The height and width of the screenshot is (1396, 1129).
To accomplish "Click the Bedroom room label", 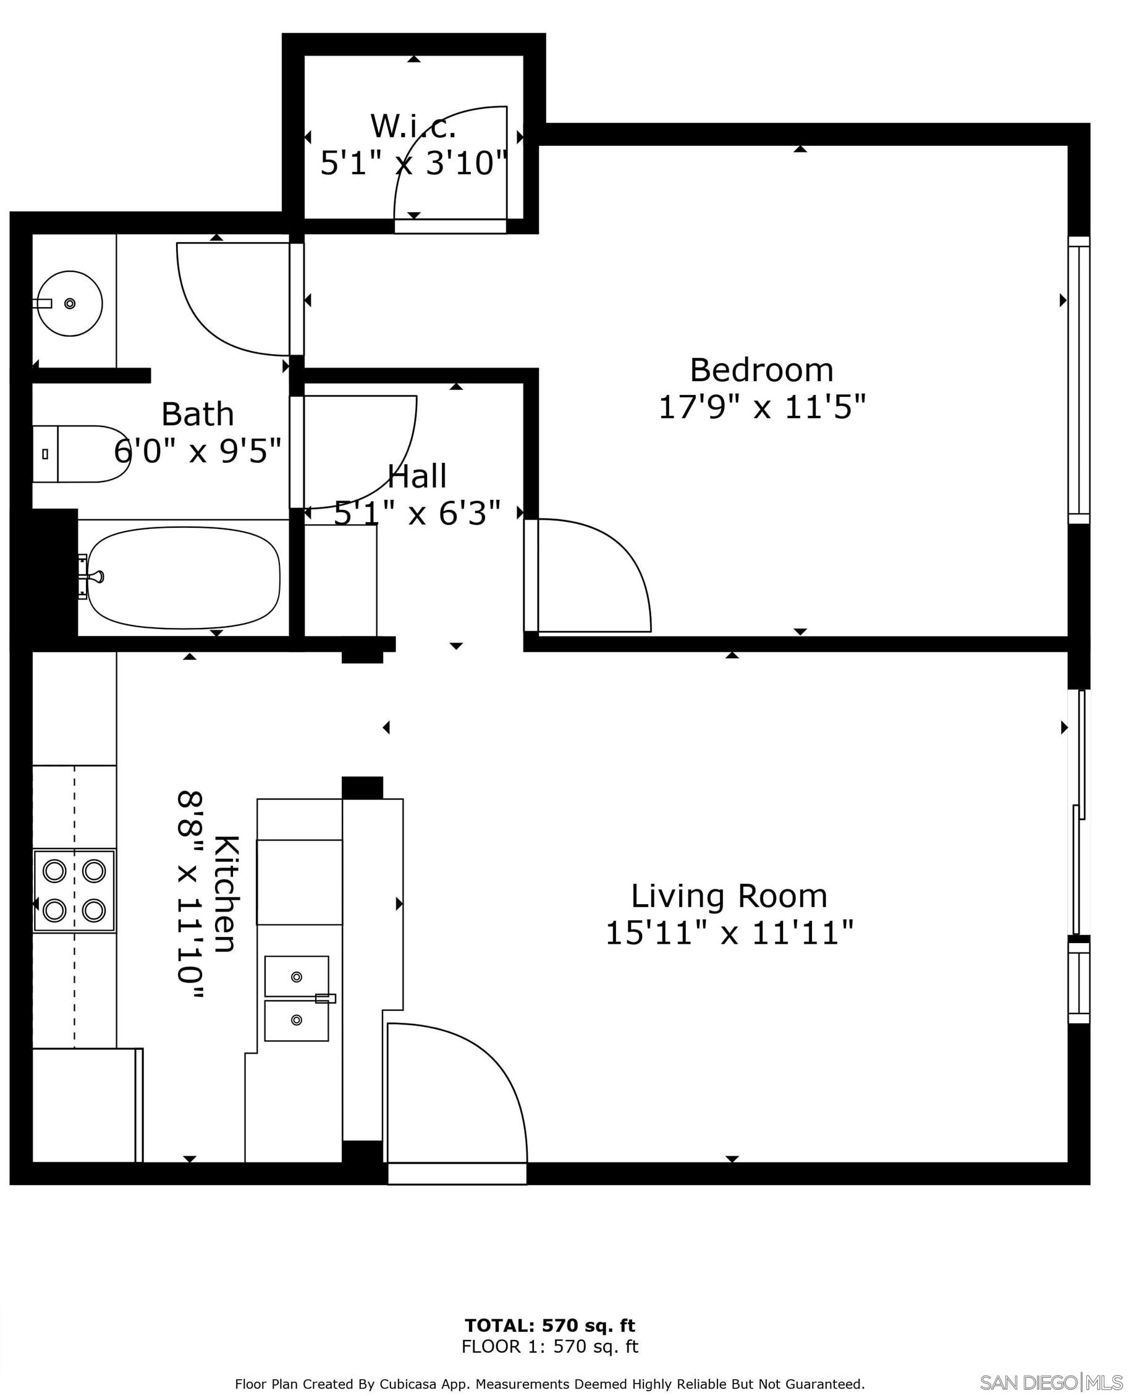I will [761, 371].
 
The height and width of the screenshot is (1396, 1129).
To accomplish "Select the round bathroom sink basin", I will [70, 303].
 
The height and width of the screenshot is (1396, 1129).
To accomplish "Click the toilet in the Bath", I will [82, 454].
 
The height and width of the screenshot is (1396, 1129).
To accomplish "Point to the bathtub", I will [184, 577].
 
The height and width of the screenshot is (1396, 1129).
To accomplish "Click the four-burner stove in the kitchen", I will [74, 890].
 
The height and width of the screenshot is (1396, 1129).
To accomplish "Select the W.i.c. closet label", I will [413, 126].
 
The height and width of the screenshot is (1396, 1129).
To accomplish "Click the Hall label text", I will [417, 476].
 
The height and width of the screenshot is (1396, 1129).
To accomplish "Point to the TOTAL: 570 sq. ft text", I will [549, 1321].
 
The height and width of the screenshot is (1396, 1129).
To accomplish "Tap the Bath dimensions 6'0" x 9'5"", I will [197, 450].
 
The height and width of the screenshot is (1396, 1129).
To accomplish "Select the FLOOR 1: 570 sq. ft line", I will [549, 1342].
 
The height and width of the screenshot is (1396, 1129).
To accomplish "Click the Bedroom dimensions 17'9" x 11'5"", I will [761, 408].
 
